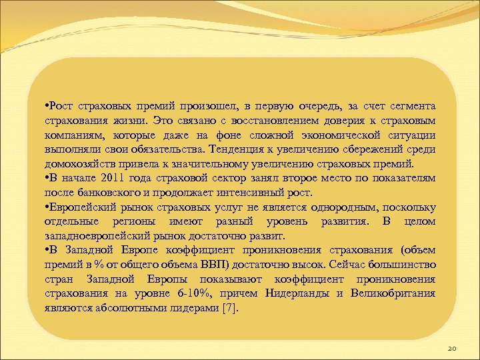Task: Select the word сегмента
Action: (413, 107)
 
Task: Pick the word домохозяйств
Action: (77, 164)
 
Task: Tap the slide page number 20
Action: (451, 348)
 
